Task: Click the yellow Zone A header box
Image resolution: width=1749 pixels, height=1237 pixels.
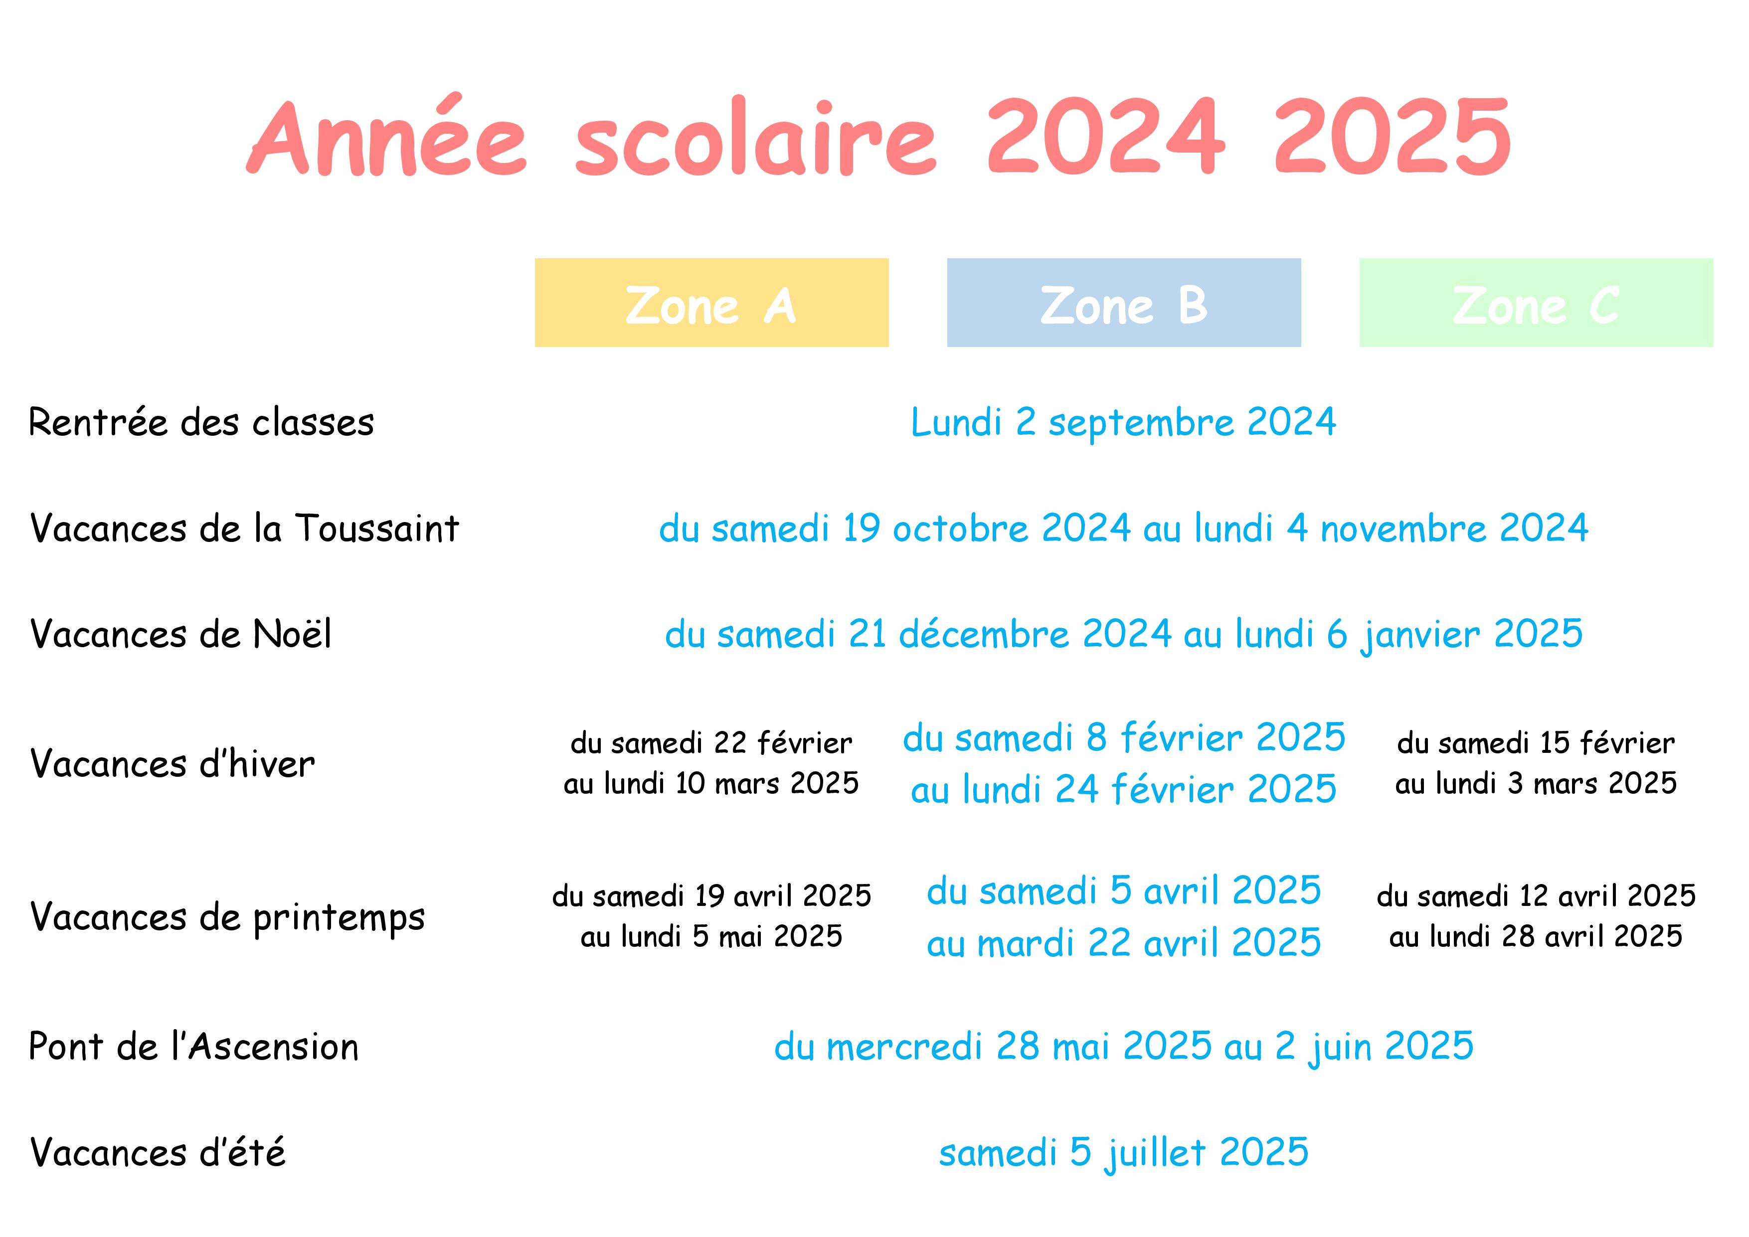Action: point(711,303)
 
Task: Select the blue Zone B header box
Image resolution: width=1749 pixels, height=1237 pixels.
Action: point(1124,303)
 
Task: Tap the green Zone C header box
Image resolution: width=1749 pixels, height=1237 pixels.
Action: point(1537,303)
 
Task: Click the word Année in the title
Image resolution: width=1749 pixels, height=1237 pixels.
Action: point(386,136)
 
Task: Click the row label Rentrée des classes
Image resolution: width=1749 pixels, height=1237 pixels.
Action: point(201,422)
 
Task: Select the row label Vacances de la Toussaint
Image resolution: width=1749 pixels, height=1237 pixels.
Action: point(244,528)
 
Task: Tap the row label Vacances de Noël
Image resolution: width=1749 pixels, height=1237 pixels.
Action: point(180,634)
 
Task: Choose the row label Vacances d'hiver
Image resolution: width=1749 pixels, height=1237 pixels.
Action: point(172,763)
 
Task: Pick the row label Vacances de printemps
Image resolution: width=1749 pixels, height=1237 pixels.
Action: point(227,917)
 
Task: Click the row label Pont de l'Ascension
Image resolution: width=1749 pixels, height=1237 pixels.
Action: point(193,1046)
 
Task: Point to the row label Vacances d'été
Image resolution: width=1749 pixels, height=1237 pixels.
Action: point(158,1152)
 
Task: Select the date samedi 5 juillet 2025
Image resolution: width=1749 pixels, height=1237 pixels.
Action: point(1124,1152)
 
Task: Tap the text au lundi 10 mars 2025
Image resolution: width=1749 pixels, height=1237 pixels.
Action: point(711,783)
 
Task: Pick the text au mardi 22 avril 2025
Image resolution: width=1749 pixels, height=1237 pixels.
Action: point(1124,943)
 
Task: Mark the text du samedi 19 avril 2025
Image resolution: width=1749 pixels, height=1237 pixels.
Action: point(711,896)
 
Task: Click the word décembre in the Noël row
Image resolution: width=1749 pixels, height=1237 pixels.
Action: point(984,634)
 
